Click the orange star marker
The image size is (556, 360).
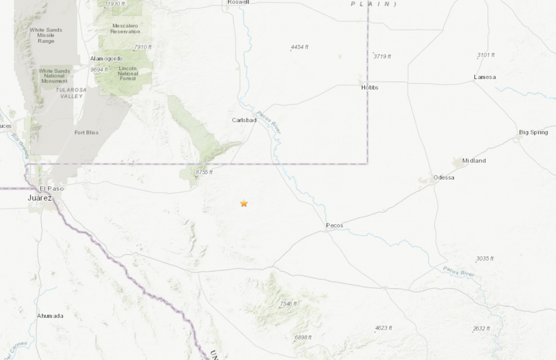(x=244, y=203)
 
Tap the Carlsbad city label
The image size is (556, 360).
(x=244, y=120)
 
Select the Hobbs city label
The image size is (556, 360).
(x=369, y=88)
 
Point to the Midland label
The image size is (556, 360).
(x=474, y=161)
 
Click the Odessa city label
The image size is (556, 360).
(x=444, y=177)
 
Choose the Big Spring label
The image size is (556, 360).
(x=533, y=132)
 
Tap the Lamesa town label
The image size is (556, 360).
(x=484, y=77)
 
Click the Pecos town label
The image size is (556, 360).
(x=334, y=225)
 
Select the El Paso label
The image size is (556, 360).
(x=51, y=188)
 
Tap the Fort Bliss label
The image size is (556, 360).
(x=86, y=132)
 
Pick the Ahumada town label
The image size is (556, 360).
(x=50, y=316)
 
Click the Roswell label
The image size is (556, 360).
(x=238, y=2)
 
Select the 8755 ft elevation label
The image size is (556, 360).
(x=204, y=172)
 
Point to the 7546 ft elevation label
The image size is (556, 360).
(x=289, y=303)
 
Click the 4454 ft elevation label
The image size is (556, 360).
(x=300, y=47)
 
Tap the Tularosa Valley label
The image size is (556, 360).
(x=70, y=93)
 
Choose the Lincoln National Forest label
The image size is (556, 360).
(x=128, y=72)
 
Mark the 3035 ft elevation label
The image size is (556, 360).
(x=485, y=258)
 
